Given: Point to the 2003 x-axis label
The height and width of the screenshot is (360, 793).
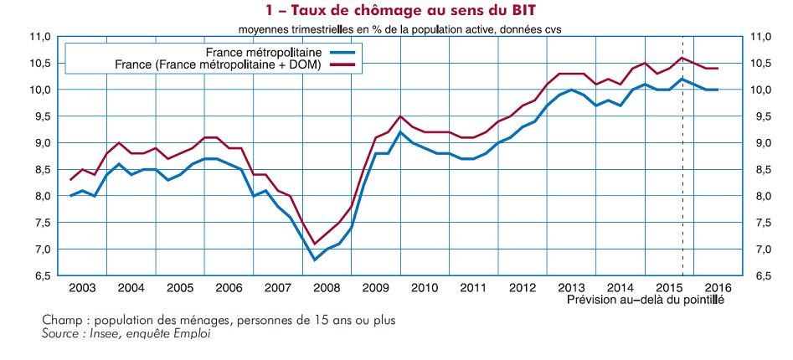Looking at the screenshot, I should click(x=81, y=287).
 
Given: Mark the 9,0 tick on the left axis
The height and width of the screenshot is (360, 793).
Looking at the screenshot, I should click(x=43, y=143).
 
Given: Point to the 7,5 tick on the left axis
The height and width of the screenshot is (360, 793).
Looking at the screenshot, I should click(x=43, y=223).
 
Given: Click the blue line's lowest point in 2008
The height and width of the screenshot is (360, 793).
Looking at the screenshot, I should click(x=315, y=260).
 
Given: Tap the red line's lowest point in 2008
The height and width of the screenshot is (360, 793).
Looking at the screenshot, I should click(x=315, y=244).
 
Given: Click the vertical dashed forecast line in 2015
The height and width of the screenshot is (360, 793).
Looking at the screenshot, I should click(x=682, y=167).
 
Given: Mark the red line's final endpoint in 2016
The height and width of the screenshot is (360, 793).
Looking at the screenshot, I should click(x=718, y=69).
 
